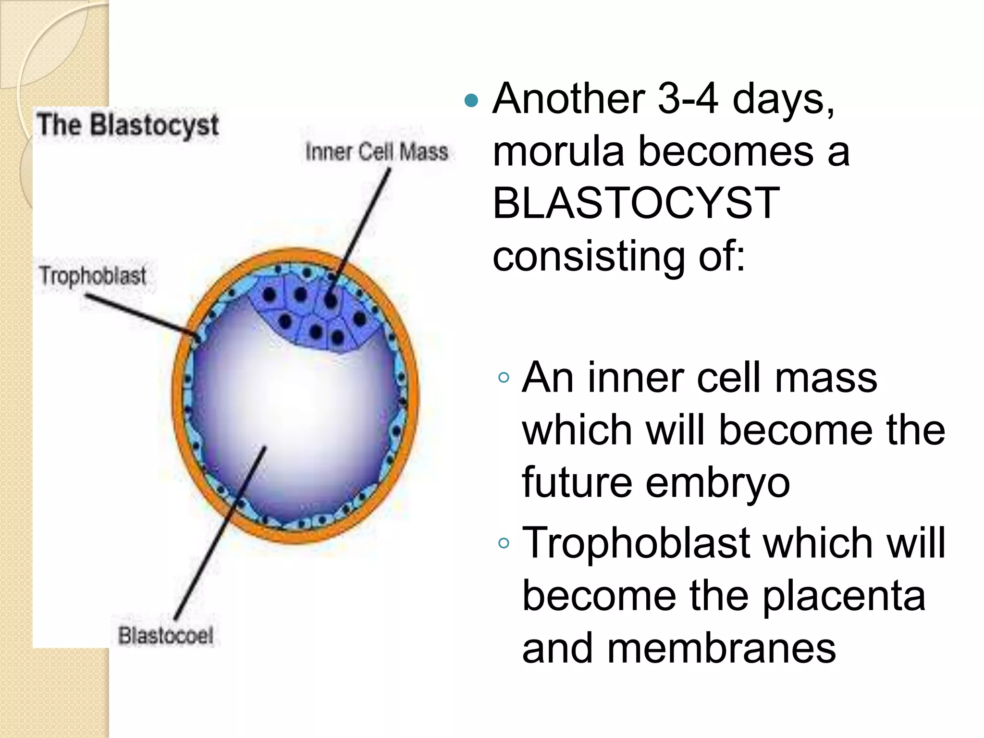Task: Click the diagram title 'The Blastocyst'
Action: tap(128, 125)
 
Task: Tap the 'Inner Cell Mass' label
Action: tap(377, 152)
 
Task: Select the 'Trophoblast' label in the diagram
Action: tap(93, 276)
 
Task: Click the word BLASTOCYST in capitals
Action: tap(636, 203)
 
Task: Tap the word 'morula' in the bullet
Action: tap(558, 151)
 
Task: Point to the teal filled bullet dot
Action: tap(472, 100)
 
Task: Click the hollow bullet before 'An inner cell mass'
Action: tap(504, 378)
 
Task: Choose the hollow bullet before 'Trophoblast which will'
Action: tap(504, 543)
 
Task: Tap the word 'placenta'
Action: tap(844, 596)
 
